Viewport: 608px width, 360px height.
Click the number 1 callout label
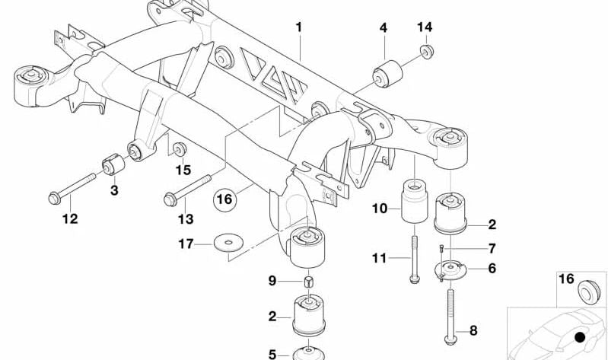pos(299,27)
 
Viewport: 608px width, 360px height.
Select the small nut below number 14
pos(425,53)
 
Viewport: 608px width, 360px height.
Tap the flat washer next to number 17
pos(224,244)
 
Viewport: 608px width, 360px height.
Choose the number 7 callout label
pos(492,249)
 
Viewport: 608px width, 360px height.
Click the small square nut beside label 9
pos(309,283)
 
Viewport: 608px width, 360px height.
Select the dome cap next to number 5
pos(310,353)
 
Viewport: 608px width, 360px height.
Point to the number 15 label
pos(183,169)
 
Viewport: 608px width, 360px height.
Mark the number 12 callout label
pos(69,219)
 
